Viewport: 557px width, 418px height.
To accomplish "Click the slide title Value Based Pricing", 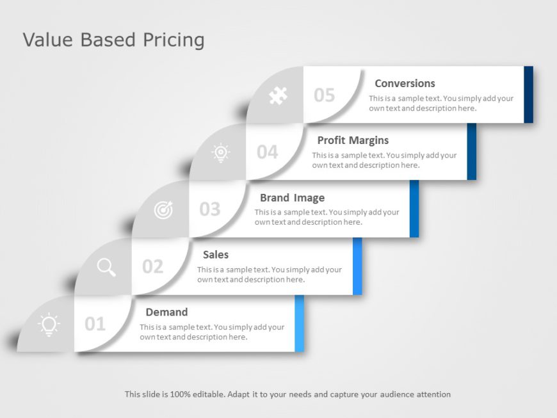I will click(x=113, y=40).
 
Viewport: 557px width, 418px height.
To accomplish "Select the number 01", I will click(x=95, y=324).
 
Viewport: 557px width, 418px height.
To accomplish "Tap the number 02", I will click(x=152, y=266).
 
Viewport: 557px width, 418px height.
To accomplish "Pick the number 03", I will click(x=210, y=209).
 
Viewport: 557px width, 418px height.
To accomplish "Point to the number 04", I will click(x=268, y=152).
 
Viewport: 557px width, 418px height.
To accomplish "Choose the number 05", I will click(x=325, y=95).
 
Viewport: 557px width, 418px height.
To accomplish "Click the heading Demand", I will click(x=166, y=312).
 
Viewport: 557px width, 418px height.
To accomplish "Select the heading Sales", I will click(x=216, y=255).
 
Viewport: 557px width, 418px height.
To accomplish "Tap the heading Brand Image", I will click(x=292, y=198).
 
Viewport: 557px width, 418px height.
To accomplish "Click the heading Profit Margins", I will click(x=353, y=140).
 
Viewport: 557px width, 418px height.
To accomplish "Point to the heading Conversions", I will click(x=405, y=83).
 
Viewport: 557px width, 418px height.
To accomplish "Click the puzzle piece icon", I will click(x=277, y=96).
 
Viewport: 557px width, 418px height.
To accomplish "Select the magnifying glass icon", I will click(x=106, y=267).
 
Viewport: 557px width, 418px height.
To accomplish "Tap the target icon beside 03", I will click(x=164, y=209).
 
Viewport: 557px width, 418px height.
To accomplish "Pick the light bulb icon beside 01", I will click(x=49, y=325).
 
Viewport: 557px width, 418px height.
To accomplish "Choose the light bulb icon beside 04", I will click(x=221, y=152).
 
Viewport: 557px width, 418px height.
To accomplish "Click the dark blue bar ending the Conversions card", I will click(x=528, y=94).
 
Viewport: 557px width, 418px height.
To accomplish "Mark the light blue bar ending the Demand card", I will click(x=299, y=323).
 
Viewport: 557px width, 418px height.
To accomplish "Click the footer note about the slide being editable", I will click(x=287, y=394).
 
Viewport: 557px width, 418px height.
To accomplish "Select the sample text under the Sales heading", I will click(x=270, y=275).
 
